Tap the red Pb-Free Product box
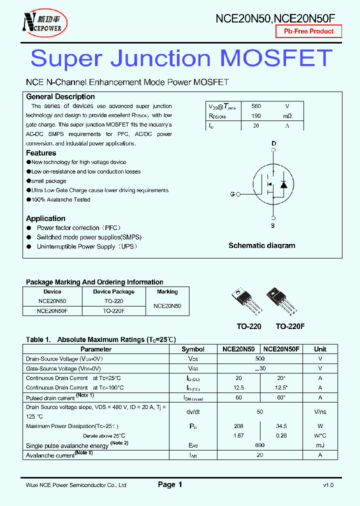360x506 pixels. point(308,31)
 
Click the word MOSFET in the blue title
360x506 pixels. point(276,58)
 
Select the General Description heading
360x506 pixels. point(60,96)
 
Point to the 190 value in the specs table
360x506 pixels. point(256,116)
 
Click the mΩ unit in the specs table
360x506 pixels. point(287,116)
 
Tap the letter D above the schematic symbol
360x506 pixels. point(273,143)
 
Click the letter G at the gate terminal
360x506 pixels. point(232,194)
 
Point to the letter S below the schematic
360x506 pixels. point(273,226)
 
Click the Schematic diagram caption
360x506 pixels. point(261,245)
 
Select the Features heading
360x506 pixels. point(41,153)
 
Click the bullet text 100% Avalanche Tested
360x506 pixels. point(60,199)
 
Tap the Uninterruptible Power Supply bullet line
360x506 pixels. point(86,246)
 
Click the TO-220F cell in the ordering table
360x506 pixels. point(113,310)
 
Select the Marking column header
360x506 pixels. point(167,291)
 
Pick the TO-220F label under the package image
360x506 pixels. point(290,326)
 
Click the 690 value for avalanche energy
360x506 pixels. point(259,445)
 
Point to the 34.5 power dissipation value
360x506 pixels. point(281,426)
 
